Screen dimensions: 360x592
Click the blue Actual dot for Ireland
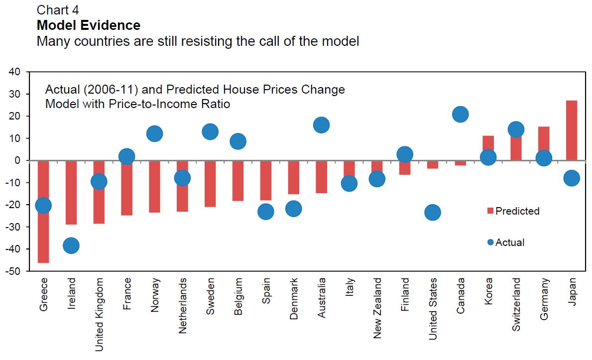(x=71, y=245)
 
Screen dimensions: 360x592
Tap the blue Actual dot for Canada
(x=460, y=114)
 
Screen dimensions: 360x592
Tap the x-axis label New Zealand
(x=377, y=308)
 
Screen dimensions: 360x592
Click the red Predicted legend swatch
(x=489, y=211)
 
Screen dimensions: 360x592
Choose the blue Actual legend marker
(x=490, y=242)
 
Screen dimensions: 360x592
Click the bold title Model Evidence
(x=89, y=25)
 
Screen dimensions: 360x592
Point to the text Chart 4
(x=58, y=9)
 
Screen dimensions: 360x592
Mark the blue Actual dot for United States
(x=432, y=213)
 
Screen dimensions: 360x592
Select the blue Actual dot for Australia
(x=321, y=125)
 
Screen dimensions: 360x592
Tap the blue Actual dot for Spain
(x=265, y=212)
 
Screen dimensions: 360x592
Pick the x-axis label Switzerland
(x=516, y=305)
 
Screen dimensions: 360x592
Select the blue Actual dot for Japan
(x=572, y=178)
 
